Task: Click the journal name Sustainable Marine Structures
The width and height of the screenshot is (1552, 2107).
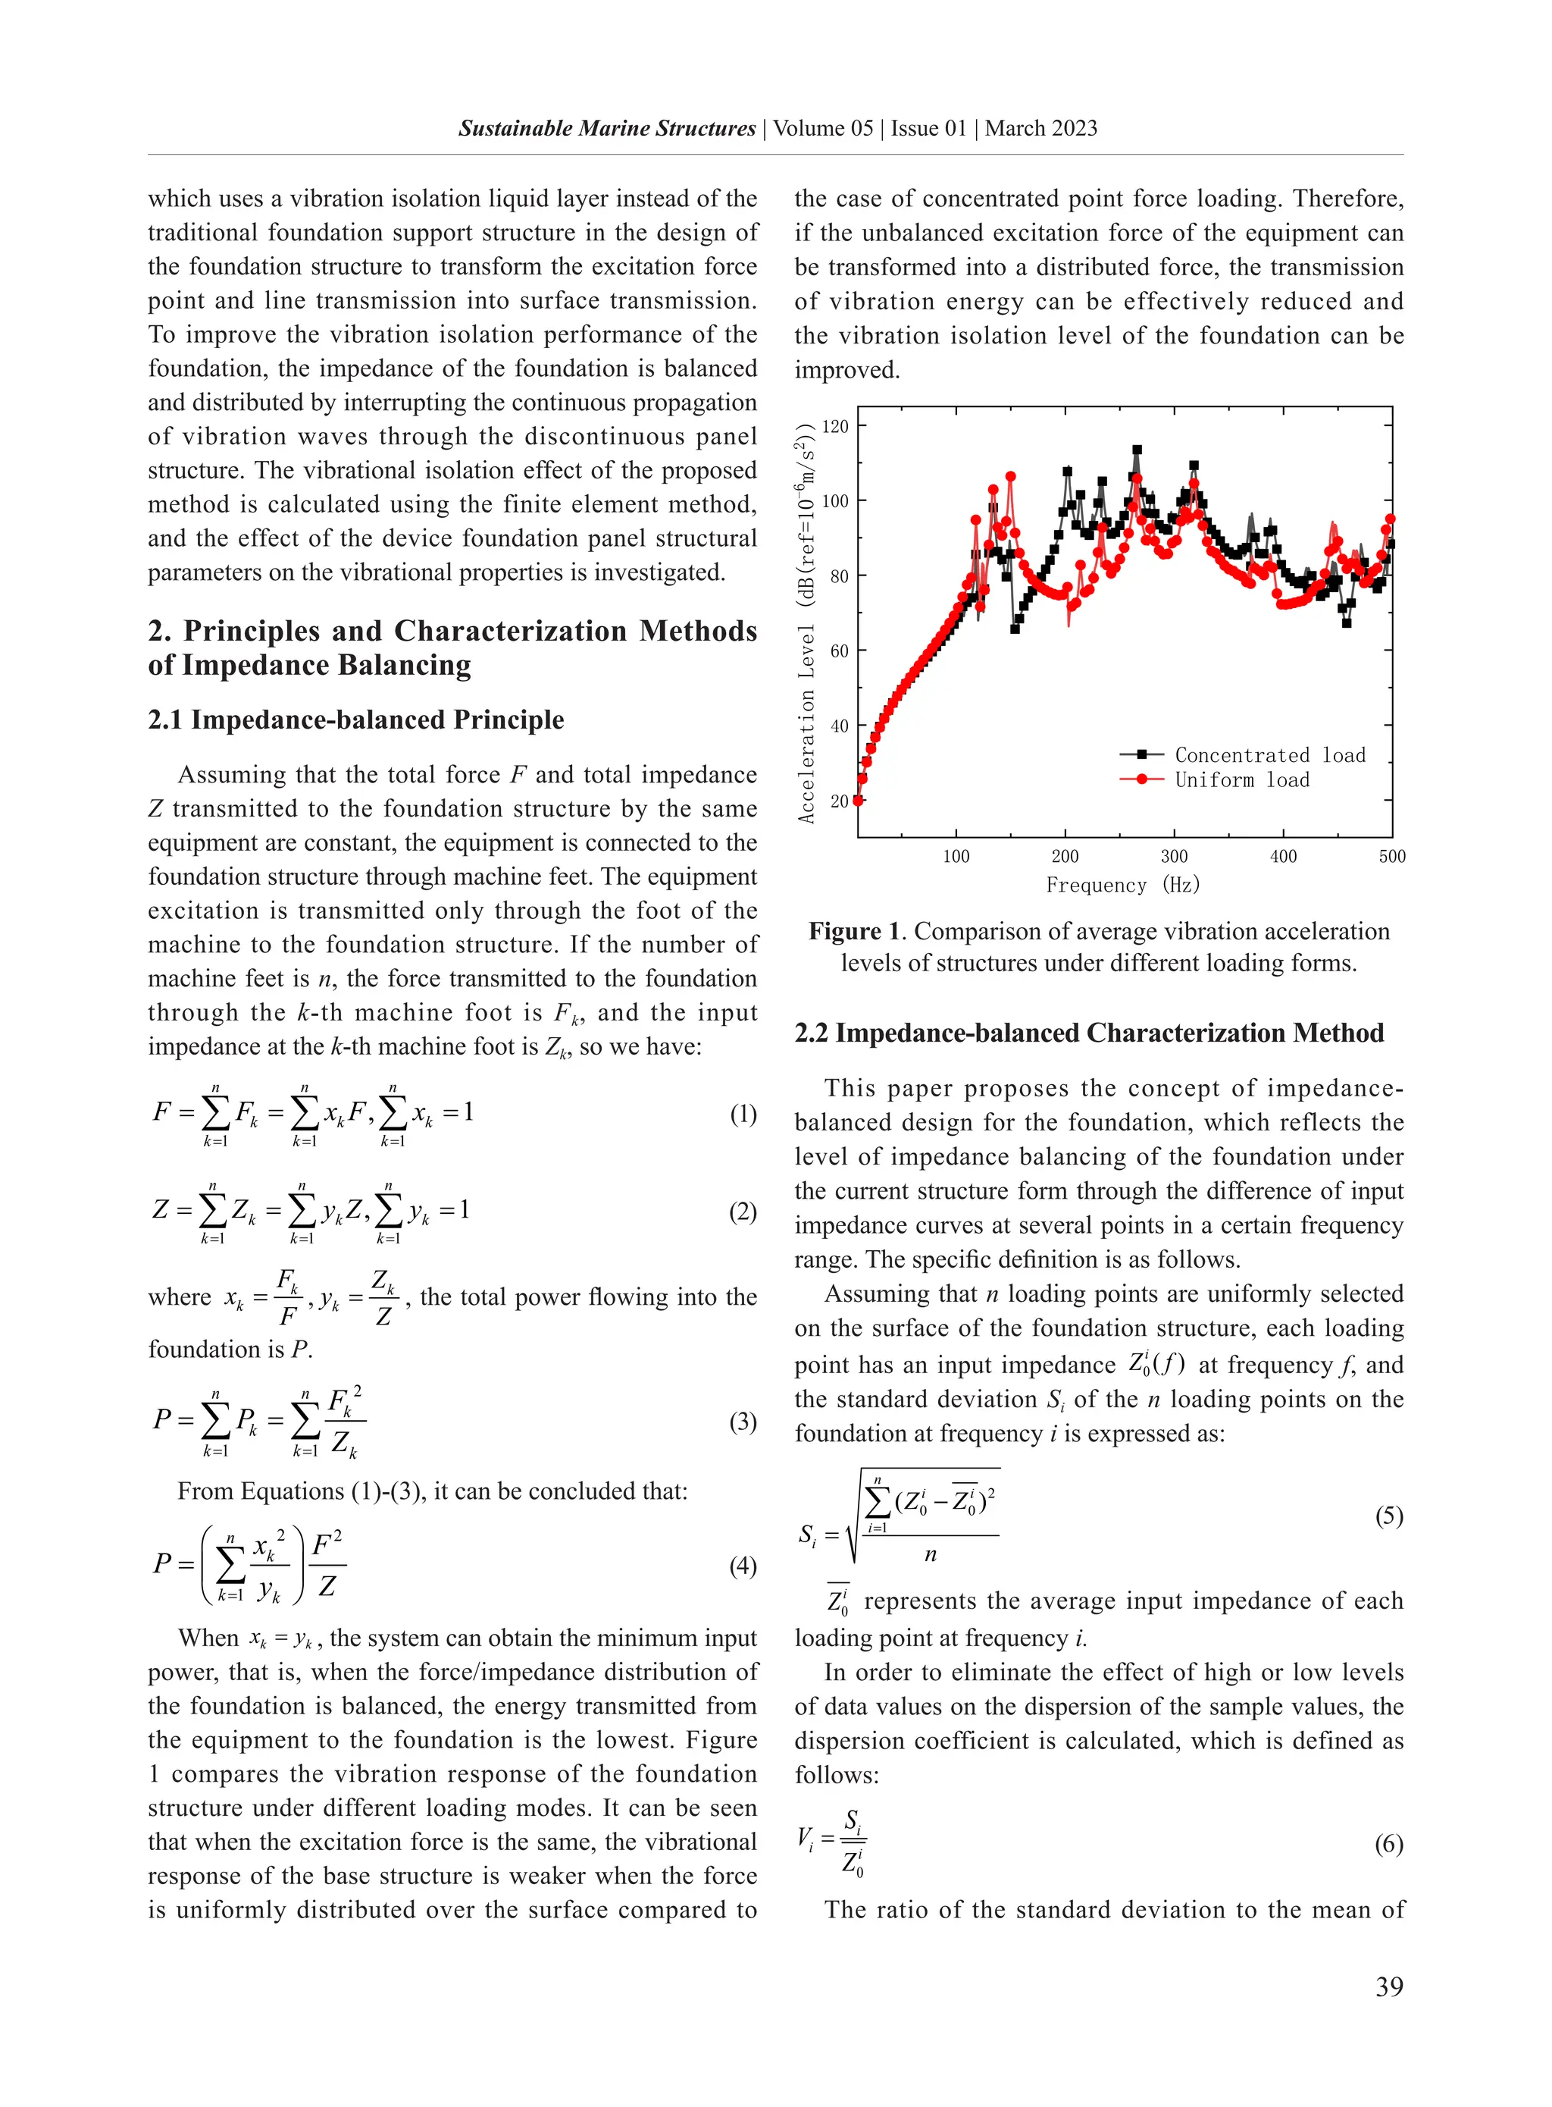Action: coord(607,129)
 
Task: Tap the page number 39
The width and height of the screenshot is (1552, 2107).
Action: coord(1388,1986)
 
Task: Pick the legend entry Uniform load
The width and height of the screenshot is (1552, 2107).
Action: coord(1241,780)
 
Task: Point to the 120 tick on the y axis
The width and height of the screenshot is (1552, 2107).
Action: coord(835,427)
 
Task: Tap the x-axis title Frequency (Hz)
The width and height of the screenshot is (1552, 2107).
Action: coord(1122,886)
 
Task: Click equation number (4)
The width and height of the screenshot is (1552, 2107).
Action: coord(742,1566)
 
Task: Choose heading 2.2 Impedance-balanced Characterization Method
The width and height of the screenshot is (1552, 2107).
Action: coord(1089,1033)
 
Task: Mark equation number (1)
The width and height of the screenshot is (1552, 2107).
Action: coord(742,1114)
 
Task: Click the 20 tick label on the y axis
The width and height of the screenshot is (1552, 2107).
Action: coord(839,801)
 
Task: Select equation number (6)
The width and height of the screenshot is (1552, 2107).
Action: coord(1388,1844)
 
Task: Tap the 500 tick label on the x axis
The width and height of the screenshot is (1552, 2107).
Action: coord(1391,856)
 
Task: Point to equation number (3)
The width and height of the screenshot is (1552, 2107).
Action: coord(742,1421)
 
